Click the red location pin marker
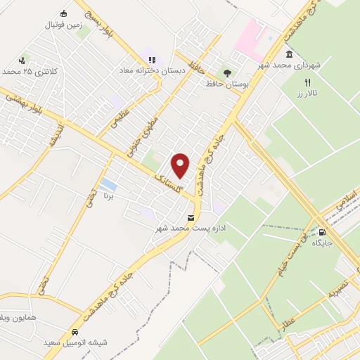pyautogui.click(x=181, y=165)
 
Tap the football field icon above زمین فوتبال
pyautogui.click(x=64, y=13)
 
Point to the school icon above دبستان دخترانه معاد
pyautogui.click(x=153, y=60)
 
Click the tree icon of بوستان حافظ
pyautogui.click(x=226, y=72)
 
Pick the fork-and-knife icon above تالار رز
pyautogui.click(x=307, y=82)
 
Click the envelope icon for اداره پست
pyautogui.click(x=192, y=217)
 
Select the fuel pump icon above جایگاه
pyautogui.click(x=322, y=233)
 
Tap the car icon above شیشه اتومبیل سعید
pyautogui.click(x=73, y=332)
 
